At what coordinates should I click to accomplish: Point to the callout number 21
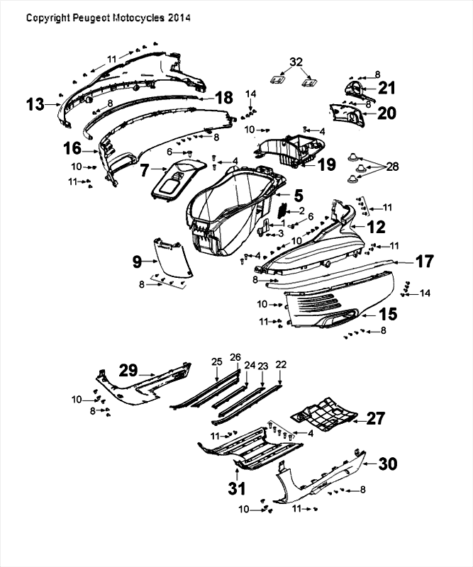point(387,88)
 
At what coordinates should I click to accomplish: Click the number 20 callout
point(387,113)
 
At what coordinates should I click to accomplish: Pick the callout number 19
point(327,164)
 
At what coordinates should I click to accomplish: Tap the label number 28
point(392,167)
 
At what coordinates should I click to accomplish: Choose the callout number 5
point(299,193)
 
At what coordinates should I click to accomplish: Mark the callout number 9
point(138,261)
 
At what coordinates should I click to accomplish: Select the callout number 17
point(423,261)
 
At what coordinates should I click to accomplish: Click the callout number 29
point(128,369)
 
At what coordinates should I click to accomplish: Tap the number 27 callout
point(376,419)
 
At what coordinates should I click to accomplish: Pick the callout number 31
point(236,488)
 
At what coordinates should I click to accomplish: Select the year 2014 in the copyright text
point(179,17)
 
